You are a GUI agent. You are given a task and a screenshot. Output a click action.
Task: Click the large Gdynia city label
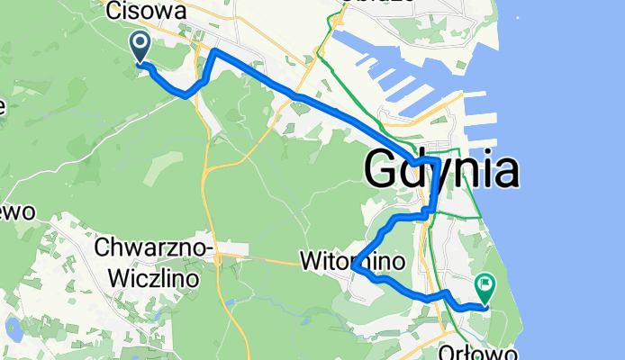point(441,169)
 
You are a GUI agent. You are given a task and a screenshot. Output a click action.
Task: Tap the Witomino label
point(355,260)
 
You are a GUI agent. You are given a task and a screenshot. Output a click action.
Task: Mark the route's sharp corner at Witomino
point(356,266)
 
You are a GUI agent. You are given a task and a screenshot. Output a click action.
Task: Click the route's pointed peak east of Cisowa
point(213,53)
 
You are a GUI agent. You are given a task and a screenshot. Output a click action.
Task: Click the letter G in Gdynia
point(383,170)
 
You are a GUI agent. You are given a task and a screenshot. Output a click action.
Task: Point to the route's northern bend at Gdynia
point(435,160)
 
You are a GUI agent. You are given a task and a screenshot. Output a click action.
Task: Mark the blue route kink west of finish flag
point(443,293)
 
